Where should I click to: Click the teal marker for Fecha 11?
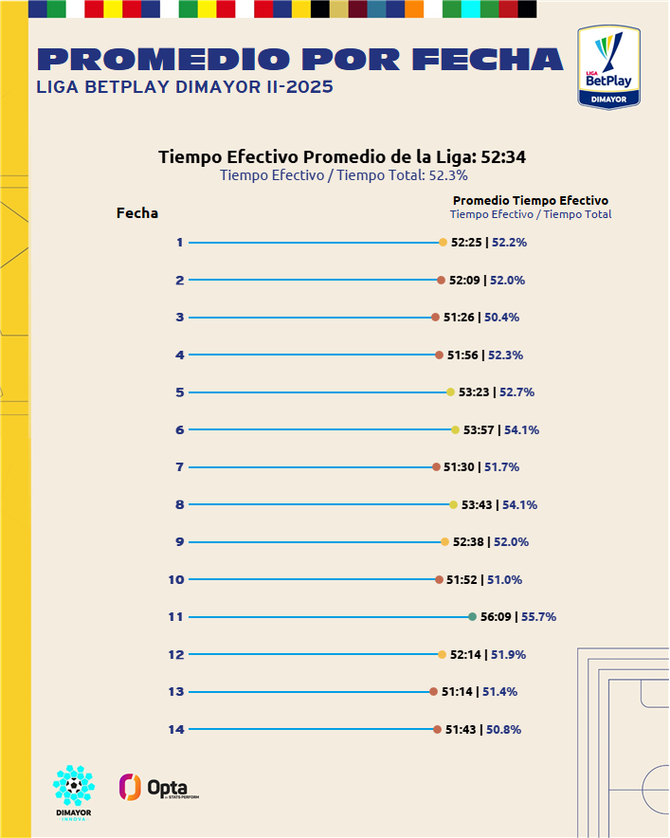(472, 617)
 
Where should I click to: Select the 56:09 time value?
(496, 617)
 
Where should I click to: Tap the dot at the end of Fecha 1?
(443, 243)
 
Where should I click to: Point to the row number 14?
(175, 729)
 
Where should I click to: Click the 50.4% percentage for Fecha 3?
(502, 318)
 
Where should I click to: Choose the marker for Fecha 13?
(433, 692)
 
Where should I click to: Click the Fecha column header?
(137, 213)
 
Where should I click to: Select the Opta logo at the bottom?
(158, 787)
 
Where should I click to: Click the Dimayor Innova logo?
(73, 791)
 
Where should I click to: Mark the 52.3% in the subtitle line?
(449, 174)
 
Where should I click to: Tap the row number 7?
(179, 467)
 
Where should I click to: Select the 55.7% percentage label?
(538, 617)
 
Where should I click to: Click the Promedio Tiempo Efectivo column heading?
(530, 200)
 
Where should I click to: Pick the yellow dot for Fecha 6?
(455, 430)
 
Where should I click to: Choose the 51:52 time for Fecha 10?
(462, 580)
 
